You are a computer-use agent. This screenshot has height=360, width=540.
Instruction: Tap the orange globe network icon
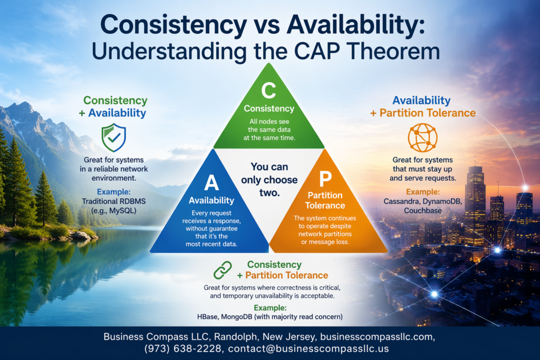click(x=422, y=138)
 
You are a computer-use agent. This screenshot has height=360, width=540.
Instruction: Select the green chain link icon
click(x=223, y=270)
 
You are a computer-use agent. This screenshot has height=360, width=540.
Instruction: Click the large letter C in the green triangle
click(x=268, y=90)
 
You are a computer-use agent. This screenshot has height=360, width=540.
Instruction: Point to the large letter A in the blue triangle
click(x=211, y=182)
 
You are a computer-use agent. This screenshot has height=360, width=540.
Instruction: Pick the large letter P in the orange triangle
click(x=325, y=178)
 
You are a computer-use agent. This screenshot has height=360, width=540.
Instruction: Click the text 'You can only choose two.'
click(x=269, y=180)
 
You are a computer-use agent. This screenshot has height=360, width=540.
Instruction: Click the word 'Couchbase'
click(x=422, y=211)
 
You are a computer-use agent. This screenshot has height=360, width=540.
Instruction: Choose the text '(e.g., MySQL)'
click(x=114, y=211)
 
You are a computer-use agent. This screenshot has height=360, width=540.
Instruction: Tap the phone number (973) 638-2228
click(x=183, y=348)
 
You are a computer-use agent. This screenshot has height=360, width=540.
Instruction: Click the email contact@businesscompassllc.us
click(x=308, y=348)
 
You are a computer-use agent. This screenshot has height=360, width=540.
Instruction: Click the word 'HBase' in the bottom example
click(x=207, y=317)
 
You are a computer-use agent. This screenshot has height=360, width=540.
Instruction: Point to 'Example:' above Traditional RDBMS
click(x=114, y=192)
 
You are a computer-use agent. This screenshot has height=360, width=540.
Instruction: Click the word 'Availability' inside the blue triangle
click(x=211, y=200)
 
